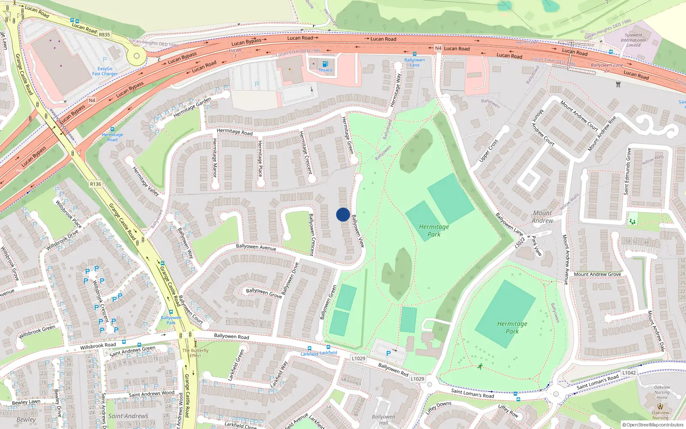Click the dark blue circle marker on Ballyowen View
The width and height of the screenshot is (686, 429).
[x=343, y=214]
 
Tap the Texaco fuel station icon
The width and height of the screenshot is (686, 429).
[x=325, y=64]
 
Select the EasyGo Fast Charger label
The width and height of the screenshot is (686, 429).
[x=105, y=71]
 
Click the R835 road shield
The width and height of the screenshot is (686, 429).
[x=104, y=35]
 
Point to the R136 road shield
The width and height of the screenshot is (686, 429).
[x=96, y=184]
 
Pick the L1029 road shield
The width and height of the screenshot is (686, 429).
[x=358, y=359]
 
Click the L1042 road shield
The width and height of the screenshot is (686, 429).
[x=629, y=373]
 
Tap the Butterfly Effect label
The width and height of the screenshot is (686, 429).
[x=196, y=353]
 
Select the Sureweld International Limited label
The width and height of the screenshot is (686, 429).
[x=633, y=40]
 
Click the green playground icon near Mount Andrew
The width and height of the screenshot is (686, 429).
[x=632, y=221]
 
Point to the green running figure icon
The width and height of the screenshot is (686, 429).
[x=480, y=366]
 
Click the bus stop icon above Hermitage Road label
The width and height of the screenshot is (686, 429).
[x=112, y=129]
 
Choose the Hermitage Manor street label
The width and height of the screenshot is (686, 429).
[x=215, y=158]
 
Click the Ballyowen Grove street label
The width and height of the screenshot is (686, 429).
[x=264, y=293]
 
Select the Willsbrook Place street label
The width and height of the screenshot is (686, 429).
[x=69, y=214]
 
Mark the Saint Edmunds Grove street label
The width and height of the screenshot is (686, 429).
[x=627, y=172]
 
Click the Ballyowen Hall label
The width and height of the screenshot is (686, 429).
[x=383, y=420]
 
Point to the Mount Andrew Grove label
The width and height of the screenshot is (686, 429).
[x=597, y=274]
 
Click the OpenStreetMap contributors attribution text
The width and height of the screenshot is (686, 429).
[x=653, y=425]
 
